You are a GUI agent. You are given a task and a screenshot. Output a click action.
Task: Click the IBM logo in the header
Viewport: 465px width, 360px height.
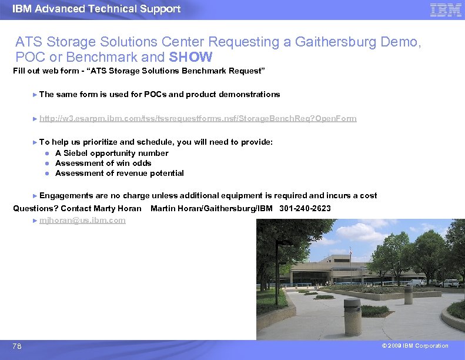[x=446, y=10]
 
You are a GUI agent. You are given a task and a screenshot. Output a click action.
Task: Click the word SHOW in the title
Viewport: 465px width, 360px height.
[x=191, y=58]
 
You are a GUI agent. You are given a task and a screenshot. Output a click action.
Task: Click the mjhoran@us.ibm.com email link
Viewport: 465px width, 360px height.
[x=82, y=220]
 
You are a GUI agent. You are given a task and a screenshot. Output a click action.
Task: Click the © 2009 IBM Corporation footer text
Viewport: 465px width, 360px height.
[x=414, y=346]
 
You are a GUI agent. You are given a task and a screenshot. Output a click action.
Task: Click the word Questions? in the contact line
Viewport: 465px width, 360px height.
[x=35, y=208]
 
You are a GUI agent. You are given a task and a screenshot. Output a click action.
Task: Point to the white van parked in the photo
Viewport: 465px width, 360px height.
[x=416, y=283]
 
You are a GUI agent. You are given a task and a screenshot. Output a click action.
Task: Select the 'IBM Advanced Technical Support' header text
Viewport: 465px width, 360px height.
[x=96, y=9]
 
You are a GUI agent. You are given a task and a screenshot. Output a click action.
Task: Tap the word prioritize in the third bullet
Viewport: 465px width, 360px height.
[x=98, y=142]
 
